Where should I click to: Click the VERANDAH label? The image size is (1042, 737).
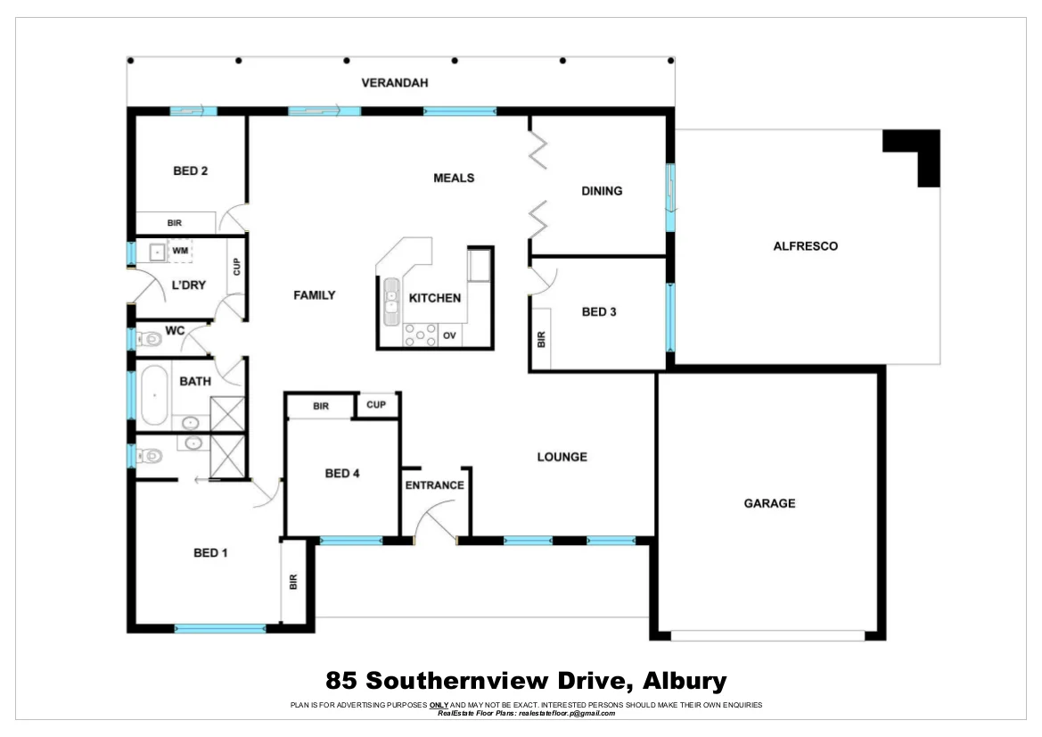(395, 83)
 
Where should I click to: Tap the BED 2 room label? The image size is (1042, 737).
(191, 170)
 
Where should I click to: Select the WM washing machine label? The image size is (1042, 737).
(180, 252)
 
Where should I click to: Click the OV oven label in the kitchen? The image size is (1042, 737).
(450, 335)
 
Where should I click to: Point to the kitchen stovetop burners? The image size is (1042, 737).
(416, 335)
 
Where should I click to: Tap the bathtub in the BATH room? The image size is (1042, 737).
(156, 394)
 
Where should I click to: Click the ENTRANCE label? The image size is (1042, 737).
(435, 485)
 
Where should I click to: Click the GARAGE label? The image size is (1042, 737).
(769, 503)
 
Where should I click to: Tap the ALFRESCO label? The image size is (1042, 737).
(805, 246)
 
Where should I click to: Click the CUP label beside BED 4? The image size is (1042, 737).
(376, 405)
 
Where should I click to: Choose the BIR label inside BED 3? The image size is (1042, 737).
(541, 340)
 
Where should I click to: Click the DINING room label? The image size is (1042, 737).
(602, 191)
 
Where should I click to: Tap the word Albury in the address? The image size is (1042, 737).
(684, 682)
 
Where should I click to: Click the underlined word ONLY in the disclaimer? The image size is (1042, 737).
(439, 705)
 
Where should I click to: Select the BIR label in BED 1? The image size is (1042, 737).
(292, 582)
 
